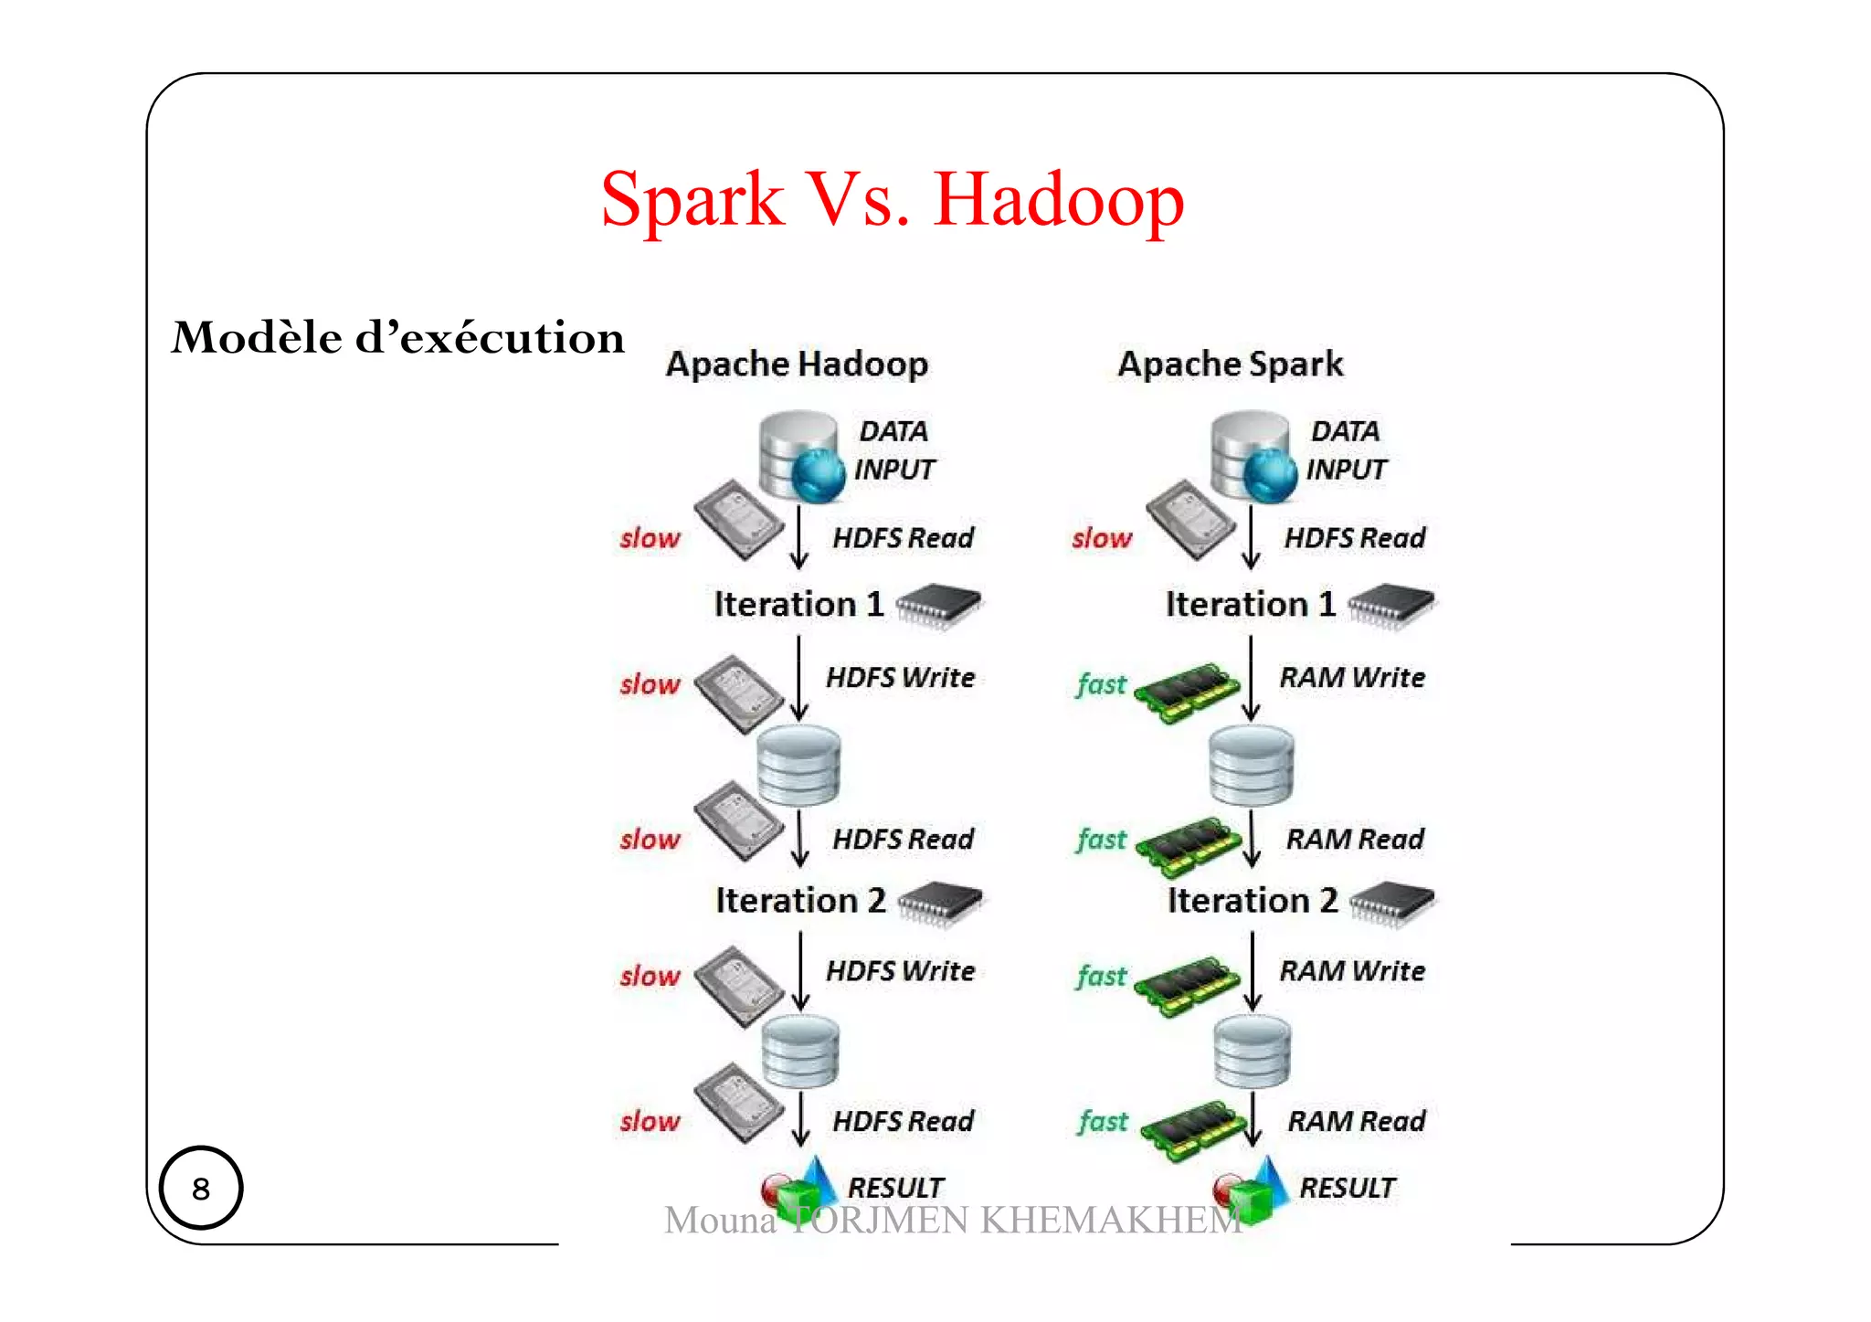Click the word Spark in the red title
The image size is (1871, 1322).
(692, 200)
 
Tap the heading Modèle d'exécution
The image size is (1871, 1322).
(398, 338)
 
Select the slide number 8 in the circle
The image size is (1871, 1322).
(201, 1189)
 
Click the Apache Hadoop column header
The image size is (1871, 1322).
(797, 364)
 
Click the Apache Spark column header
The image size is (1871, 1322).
(1231, 364)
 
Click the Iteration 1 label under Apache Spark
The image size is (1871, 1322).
(1250, 605)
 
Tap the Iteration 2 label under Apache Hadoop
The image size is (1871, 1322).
(800, 901)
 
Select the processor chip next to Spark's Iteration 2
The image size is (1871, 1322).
(1391, 903)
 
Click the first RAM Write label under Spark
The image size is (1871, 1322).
(1352, 678)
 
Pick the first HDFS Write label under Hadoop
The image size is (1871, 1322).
(900, 678)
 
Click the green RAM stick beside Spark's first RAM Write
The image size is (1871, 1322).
(1186, 692)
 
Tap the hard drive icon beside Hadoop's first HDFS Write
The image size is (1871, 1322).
(738, 693)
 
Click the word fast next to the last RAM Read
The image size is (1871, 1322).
(1103, 1121)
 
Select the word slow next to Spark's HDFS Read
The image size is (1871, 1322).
(1102, 538)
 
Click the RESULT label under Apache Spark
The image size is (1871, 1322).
(1347, 1188)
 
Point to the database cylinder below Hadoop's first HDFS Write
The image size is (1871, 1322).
(799, 766)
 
